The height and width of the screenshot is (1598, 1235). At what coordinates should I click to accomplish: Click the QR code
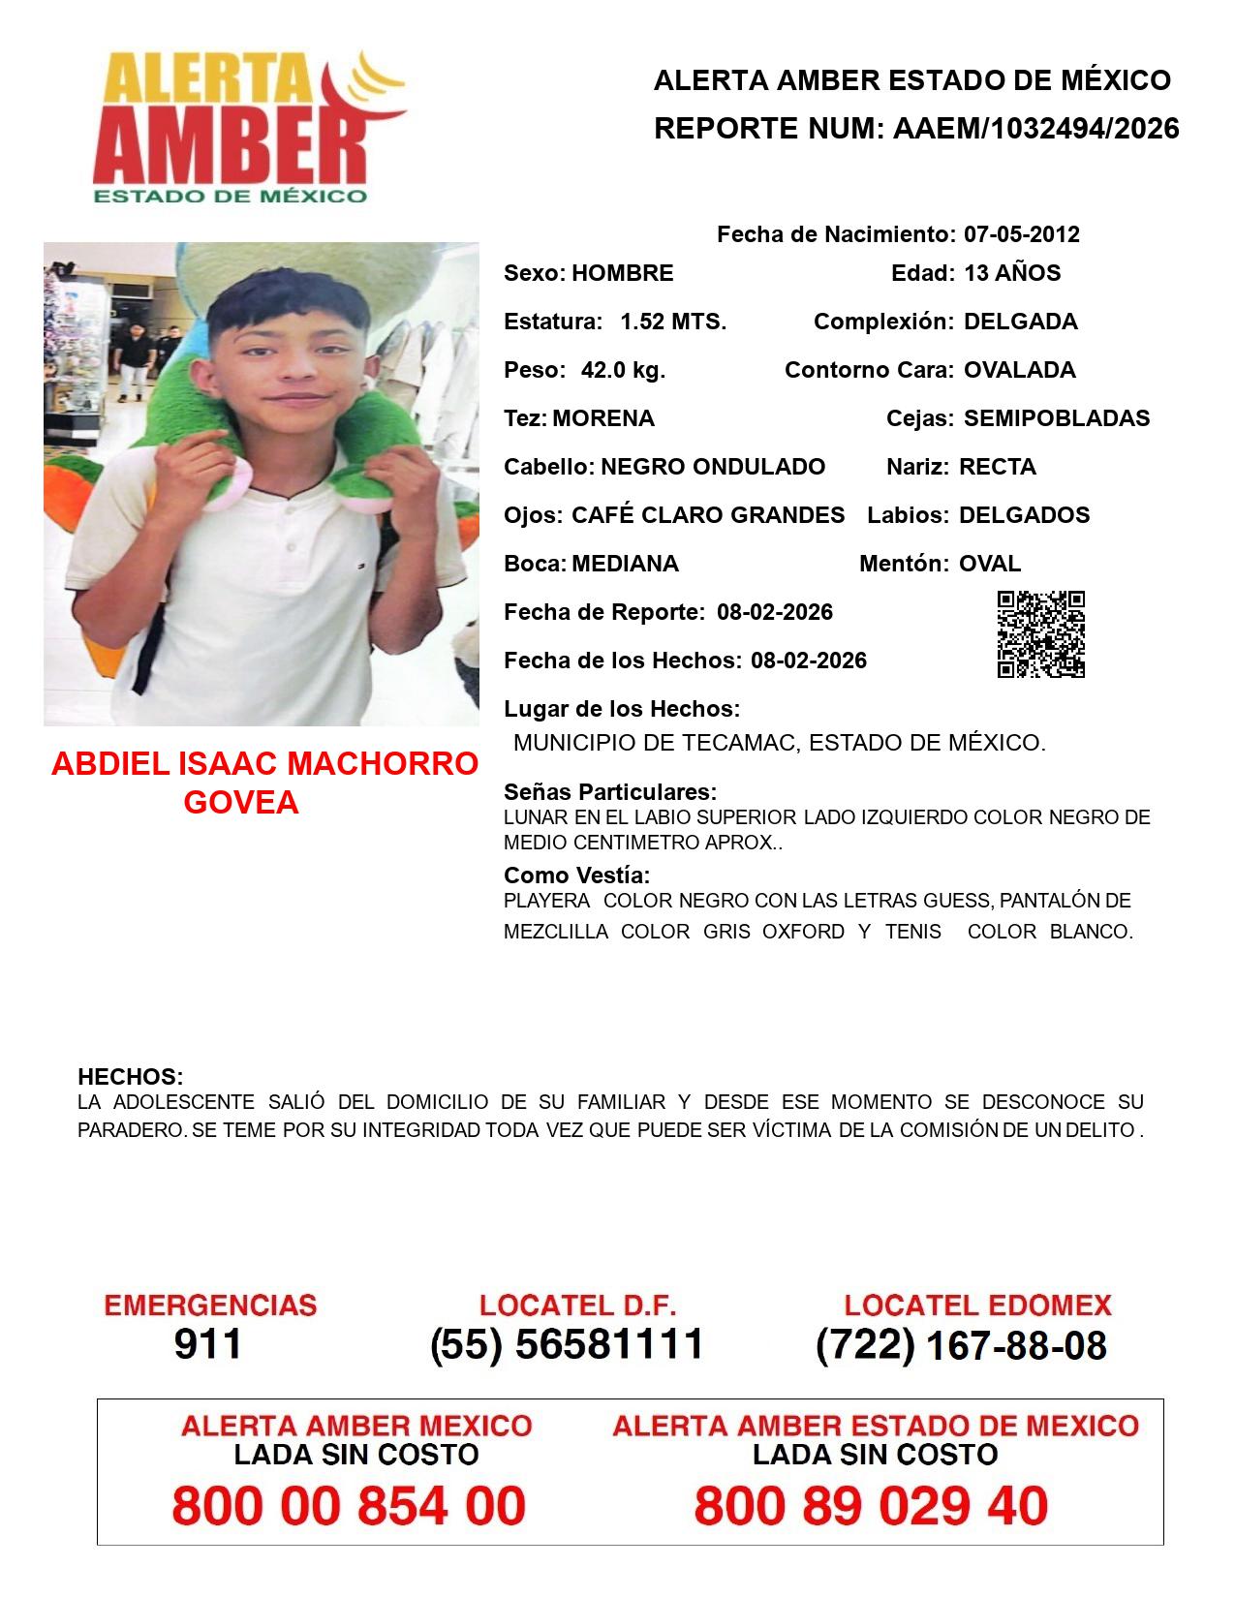click(1040, 634)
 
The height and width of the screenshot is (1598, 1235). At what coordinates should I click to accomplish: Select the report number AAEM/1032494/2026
click(1035, 128)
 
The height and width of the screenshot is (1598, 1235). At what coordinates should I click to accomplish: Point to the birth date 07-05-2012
click(1021, 234)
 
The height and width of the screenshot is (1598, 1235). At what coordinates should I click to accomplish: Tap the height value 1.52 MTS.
click(673, 322)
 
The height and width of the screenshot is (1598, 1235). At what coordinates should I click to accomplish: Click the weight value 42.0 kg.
click(623, 370)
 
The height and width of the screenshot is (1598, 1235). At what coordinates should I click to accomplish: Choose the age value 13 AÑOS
click(1012, 273)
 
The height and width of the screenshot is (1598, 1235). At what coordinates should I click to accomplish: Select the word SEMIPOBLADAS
click(1057, 418)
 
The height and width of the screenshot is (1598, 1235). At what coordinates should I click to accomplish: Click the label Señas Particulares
click(610, 792)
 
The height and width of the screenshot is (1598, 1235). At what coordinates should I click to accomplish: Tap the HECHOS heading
click(130, 1077)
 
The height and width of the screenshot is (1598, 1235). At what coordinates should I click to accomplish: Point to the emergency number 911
click(208, 1344)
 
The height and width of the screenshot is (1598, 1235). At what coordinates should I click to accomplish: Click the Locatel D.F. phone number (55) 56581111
click(567, 1344)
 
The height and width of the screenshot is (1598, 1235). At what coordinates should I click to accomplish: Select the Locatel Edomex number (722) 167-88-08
click(961, 1345)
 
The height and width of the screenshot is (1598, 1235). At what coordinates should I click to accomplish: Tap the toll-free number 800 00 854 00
click(349, 1506)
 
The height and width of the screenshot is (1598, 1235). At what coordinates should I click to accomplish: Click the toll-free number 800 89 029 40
click(871, 1506)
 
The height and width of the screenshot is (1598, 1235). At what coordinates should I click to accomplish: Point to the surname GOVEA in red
click(241, 803)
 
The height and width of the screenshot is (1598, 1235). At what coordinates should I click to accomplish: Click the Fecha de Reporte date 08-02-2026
click(775, 612)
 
